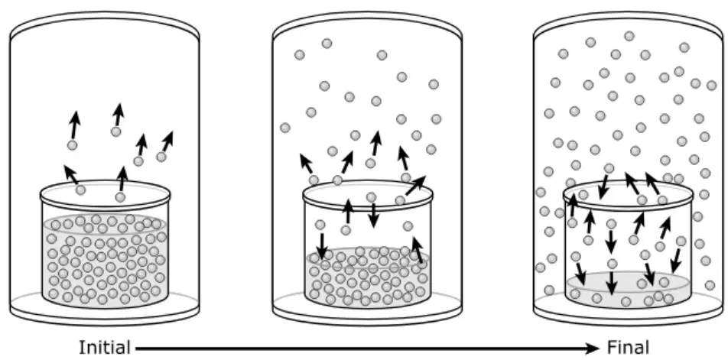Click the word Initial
point(105,348)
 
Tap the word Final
point(628,348)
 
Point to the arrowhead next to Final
point(593,348)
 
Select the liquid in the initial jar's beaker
point(106,260)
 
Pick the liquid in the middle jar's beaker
point(368,277)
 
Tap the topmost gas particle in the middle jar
point(327,43)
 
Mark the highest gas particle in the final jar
point(629,36)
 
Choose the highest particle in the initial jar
point(116,131)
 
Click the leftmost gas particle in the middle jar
point(285,128)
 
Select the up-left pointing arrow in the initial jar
point(71,174)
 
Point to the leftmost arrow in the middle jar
point(306,164)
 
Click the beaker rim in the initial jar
point(106,194)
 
